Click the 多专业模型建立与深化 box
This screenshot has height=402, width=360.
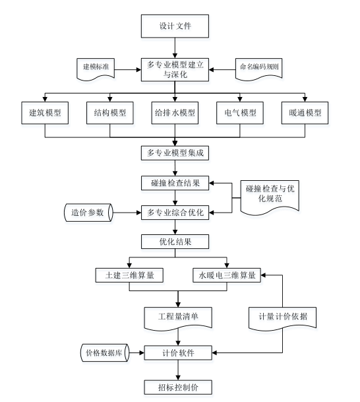[175, 68]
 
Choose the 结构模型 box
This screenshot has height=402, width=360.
[110, 112]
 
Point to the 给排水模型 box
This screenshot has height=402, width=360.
[175, 112]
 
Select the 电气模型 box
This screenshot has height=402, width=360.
[239, 112]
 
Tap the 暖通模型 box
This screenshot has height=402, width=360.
[305, 112]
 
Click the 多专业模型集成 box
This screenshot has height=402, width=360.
[175, 154]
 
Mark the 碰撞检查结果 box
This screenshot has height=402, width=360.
[175, 182]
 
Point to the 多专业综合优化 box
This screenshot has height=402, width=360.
[175, 213]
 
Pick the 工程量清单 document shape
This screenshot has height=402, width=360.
[177, 316]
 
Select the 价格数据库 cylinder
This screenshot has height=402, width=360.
[103, 352]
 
